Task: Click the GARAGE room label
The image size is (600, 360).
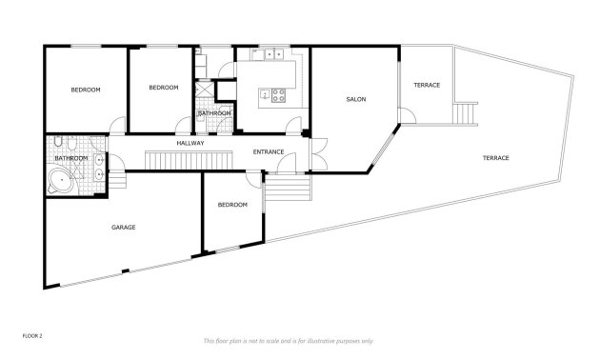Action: click(x=123, y=228)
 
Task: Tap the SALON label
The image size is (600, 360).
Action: click(x=356, y=99)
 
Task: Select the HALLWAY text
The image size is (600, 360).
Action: click(x=190, y=143)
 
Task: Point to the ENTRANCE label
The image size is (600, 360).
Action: click(x=270, y=151)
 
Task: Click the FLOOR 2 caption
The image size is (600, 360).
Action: click(x=32, y=335)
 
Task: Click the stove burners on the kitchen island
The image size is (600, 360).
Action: click(x=280, y=94)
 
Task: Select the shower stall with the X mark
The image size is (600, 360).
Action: click(x=203, y=90)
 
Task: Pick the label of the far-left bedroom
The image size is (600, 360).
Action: click(x=86, y=90)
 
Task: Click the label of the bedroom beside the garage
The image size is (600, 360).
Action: click(x=232, y=205)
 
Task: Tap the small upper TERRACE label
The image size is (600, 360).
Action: click(x=427, y=86)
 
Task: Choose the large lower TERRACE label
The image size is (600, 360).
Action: click(x=495, y=157)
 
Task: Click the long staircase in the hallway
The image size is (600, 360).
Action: click(x=189, y=158)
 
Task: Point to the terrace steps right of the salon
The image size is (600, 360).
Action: click(x=464, y=113)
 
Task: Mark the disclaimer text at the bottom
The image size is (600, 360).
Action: click(x=289, y=340)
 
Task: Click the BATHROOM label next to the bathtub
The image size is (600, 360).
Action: click(x=71, y=158)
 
